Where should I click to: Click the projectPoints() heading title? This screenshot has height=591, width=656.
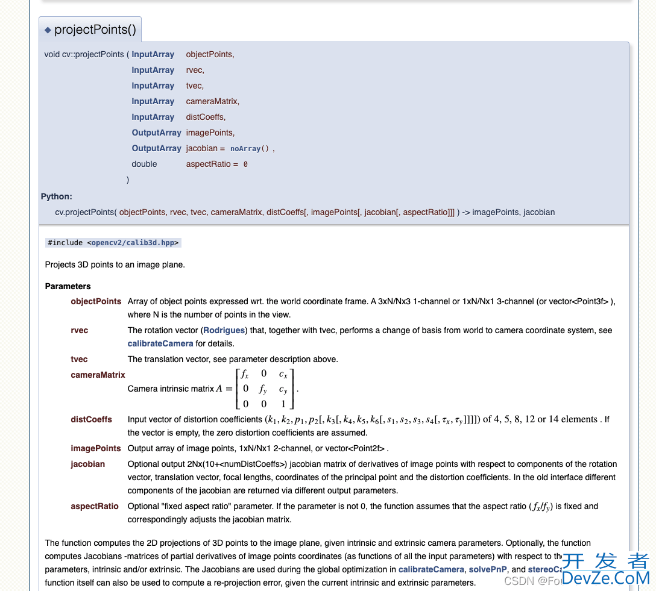pyautogui.click(x=95, y=30)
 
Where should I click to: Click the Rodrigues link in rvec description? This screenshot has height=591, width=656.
pyautogui.click(x=224, y=330)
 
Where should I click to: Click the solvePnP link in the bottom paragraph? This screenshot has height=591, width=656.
pyautogui.click(x=488, y=569)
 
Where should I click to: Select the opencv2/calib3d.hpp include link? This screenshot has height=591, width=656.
pyautogui.click(x=134, y=243)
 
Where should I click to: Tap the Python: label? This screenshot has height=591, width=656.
pyautogui.click(x=56, y=196)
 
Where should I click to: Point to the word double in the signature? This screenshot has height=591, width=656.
pyautogui.click(x=144, y=164)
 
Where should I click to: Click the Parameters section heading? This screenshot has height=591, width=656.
pyautogui.click(x=68, y=286)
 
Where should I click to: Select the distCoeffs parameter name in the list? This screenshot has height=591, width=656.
pyautogui.click(x=91, y=419)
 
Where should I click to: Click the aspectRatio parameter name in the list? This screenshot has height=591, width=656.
pyautogui.click(x=94, y=506)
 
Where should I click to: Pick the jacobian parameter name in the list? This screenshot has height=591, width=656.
pyautogui.click(x=87, y=464)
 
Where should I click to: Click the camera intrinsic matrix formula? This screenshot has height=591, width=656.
pyautogui.click(x=265, y=389)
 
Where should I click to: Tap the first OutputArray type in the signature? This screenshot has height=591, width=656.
pyautogui.click(x=156, y=133)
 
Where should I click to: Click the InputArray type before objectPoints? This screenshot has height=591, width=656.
pyautogui.click(x=153, y=54)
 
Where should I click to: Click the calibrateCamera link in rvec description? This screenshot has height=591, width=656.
pyautogui.click(x=160, y=343)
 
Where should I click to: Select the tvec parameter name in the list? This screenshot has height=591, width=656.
pyautogui.click(x=79, y=359)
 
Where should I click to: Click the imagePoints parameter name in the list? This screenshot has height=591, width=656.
pyautogui.click(x=95, y=448)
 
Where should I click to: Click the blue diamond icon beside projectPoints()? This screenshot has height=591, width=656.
pyautogui.click(x=48, y=30)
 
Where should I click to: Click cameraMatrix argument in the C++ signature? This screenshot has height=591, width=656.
pyautogui.click(x=212, y=101)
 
